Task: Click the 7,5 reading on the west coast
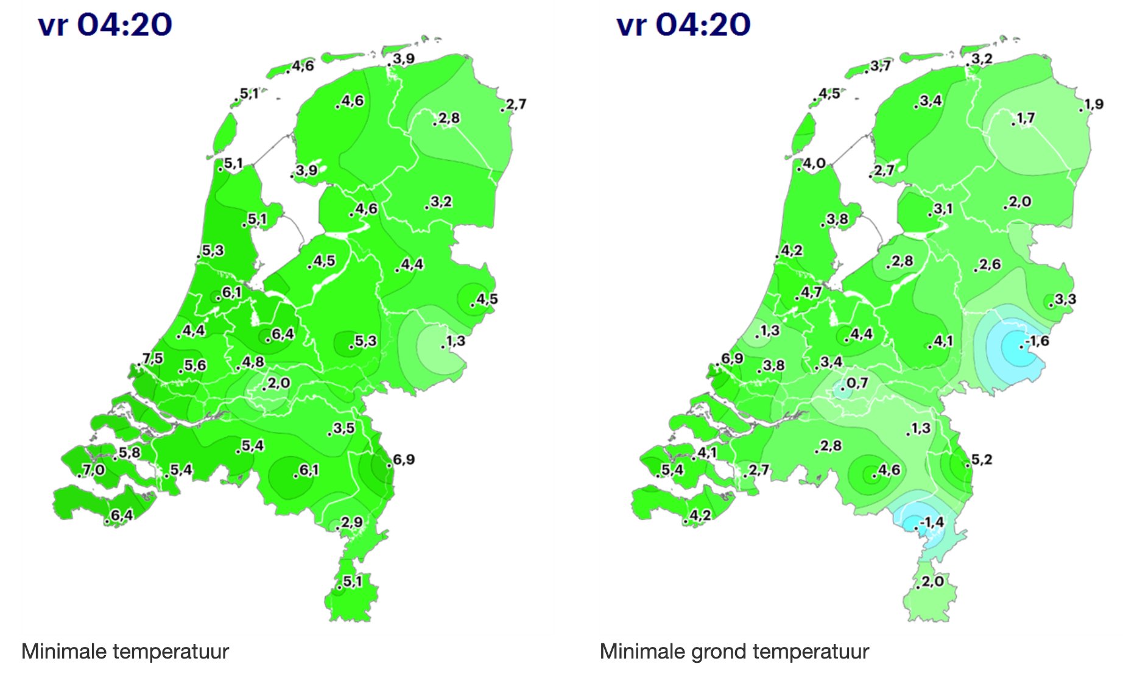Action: pos(153,358)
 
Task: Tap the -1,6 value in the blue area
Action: pos(1037,341)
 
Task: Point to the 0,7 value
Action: pos(857,383)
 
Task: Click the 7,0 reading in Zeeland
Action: pos(93,469)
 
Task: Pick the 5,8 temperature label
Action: pos(129,453)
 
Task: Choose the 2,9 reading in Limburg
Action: pos(351,522)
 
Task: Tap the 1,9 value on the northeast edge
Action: pos(1093,104)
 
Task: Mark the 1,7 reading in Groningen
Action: pos(1026,118)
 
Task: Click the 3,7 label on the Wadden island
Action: pos(880,66)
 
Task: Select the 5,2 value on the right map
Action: pos(981,459)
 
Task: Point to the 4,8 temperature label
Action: pos(253,362)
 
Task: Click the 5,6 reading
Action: pos(195,365)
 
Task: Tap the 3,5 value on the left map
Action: pos(343,428)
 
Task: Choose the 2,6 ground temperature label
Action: pos(990,264)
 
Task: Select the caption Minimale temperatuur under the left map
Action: pos(125,651)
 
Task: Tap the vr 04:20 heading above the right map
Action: pos(683,25)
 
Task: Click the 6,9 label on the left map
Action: pos(404,459)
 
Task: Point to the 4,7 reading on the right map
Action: pos(811,292)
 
